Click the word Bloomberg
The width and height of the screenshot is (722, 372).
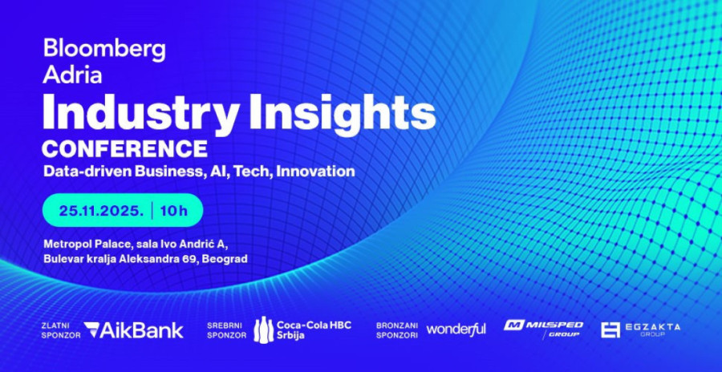[x=104, y=50]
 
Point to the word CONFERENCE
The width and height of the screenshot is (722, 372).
[x=124, y=149]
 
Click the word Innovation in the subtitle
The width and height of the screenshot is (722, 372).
[x=315, y=171]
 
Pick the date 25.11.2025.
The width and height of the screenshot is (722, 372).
[x=101, y=211]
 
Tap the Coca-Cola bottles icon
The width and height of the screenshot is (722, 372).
[x=263, y=330]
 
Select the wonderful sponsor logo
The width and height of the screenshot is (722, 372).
[x=456, y=330]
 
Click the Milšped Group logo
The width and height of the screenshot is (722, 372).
[x=543, y=329]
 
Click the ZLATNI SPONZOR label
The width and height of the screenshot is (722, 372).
[x=60, y=330]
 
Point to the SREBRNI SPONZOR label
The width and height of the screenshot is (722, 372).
[x=226, y=330]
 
